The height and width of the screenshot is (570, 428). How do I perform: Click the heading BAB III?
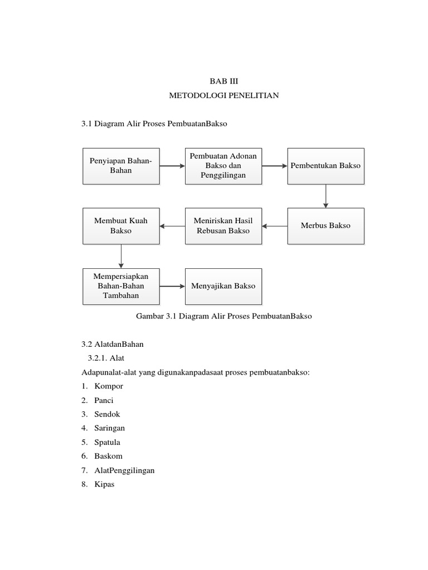pos(223,81)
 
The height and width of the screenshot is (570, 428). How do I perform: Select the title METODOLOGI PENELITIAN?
pos(223,96)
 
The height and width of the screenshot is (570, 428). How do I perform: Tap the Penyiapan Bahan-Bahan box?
pos(121,166)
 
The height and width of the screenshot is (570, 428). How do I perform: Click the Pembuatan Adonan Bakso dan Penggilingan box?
pos(223,166)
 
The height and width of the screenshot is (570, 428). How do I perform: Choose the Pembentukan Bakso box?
pos(325,166)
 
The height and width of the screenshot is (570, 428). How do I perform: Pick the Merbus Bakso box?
pos(325,226)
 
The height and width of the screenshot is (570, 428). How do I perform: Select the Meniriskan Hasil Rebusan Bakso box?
pos(223,226)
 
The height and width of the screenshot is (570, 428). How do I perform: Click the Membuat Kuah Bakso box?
pos(121,226)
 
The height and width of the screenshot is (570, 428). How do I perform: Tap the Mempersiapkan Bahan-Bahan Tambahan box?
pos(121,286)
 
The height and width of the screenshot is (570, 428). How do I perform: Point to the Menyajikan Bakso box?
pos(223,286)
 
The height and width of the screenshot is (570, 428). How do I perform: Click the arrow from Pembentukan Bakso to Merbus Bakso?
pos(326,196)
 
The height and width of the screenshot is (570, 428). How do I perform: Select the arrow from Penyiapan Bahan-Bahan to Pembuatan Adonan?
pos(172,166)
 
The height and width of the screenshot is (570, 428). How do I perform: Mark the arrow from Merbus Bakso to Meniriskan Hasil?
pos(275,226)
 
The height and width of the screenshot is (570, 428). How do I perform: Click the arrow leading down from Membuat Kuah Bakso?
pos(121,256)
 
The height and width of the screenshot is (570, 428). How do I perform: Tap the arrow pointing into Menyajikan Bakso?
pos(172,286)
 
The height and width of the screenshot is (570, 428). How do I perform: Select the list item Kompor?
pos(109,386)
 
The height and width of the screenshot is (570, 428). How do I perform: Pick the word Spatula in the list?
pos(108,443)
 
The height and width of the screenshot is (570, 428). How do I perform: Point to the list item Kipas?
pos(104,484)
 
